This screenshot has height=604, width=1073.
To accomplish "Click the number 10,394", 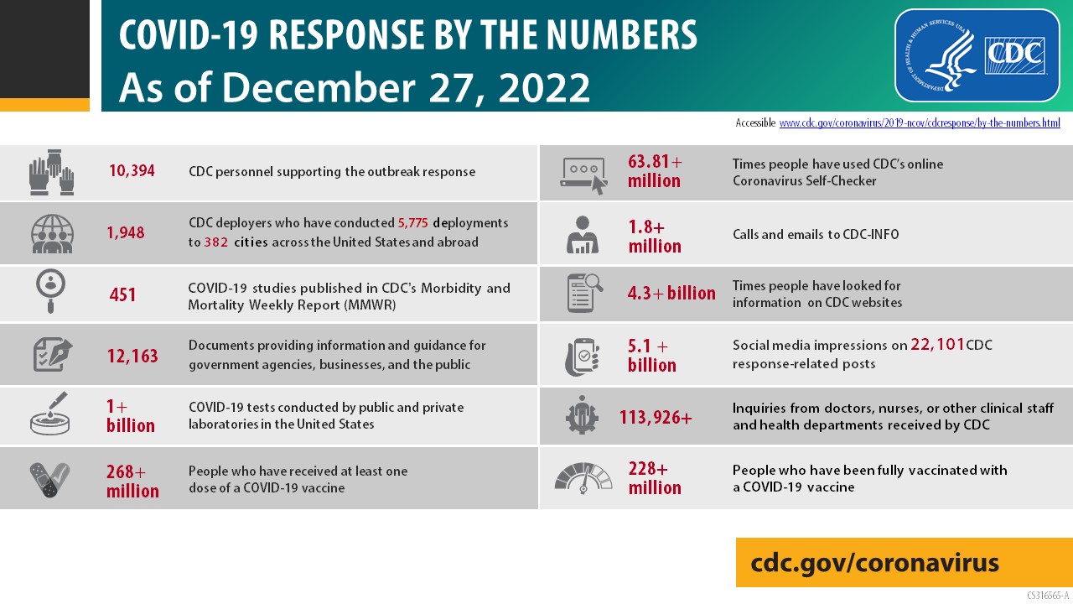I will point(132,171).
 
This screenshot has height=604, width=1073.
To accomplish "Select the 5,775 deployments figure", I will point(412,223).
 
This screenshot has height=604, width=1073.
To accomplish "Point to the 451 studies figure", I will point(122,294).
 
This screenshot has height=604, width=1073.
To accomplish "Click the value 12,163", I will point(132,356).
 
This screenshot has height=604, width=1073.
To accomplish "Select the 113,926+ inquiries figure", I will point(656,416).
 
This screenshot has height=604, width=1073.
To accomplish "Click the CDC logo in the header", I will point(1016,55).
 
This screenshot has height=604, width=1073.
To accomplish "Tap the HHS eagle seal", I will point(948,55).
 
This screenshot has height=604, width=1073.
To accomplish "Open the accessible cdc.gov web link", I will point(920,123).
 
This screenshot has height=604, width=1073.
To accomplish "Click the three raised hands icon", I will point(52,172).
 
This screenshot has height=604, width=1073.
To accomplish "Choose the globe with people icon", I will point(52,233).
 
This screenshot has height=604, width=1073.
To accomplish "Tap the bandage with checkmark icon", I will point(50,479).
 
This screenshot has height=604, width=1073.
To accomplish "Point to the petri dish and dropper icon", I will point(50,414).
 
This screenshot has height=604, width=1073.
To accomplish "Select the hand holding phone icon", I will point(582,356).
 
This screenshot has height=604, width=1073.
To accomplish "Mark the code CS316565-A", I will point(1047,596).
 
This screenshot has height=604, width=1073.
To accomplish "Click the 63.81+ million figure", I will point(655,170).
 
